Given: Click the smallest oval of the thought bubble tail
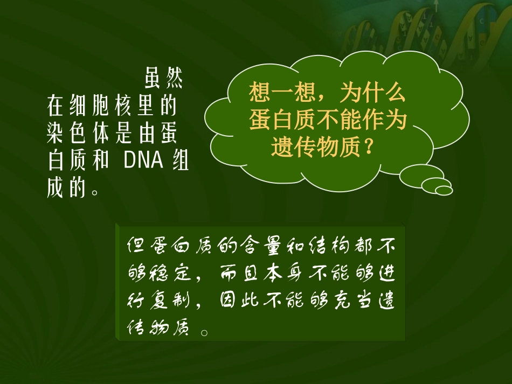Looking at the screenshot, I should (444, 190).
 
